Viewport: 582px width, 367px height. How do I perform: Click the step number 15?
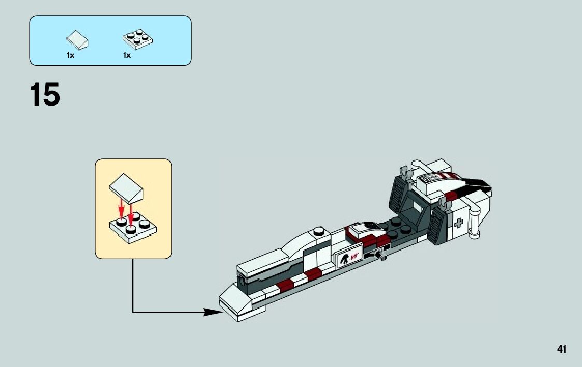tap(45, 95)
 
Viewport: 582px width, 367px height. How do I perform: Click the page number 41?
tap(562, 349)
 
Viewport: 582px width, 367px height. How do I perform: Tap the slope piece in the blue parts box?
tap(77, 39)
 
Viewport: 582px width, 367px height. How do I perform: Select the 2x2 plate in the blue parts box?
tap(138, 39)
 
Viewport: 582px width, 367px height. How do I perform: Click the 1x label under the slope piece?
tap(70, 55)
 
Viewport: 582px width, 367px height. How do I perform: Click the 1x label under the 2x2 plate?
tap(127, 55)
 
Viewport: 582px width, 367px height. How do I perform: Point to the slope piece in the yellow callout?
tap(126, 188)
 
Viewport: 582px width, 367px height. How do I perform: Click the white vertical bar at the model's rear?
tap(473, 224)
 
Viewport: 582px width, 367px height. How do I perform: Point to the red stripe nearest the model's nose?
tap(285, 285)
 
